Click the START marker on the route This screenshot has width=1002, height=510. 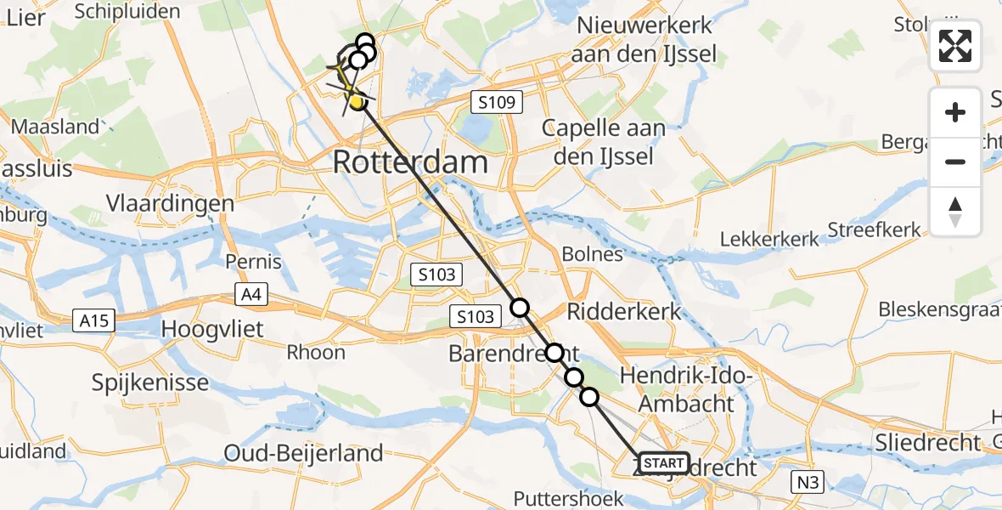[662, 463]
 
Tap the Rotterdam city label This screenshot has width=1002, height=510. [410, 161]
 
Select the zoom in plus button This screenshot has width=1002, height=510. [955, 112]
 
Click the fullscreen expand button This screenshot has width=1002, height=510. [955, 46]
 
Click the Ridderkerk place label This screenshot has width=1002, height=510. [625, 311]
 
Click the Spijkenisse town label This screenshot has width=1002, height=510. [150, 382]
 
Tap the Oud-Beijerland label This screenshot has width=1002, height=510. [303, 454]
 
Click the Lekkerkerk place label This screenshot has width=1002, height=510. [770, 239]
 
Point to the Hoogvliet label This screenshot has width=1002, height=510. [212, 329]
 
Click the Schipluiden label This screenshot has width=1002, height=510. [127, 11]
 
